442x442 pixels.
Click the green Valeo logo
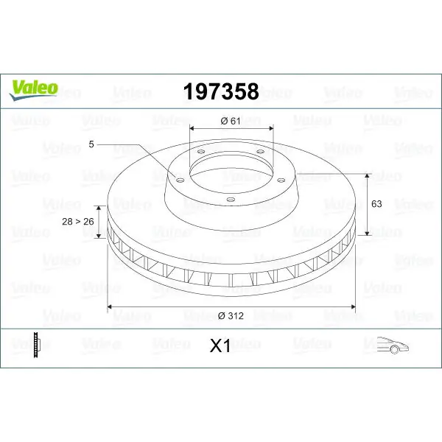34,90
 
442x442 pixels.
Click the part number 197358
221,91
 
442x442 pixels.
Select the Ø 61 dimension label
231,121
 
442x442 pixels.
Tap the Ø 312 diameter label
231,316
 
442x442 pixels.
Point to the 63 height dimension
376,203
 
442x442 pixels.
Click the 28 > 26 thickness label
78,222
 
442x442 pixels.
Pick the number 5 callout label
91,144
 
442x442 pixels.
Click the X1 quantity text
220,345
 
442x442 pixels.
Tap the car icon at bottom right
393,345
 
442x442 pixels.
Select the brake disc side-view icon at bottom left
37,345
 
